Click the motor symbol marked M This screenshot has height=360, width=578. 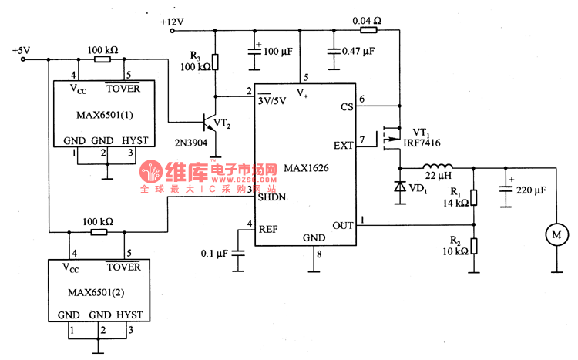(x=554, y=231)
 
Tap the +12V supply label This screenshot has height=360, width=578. (x=173, y=22)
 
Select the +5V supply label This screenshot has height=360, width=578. (x=21, y=51)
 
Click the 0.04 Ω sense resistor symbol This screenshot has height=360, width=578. (x=368, y=31)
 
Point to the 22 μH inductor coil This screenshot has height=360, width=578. (x=436, y=167)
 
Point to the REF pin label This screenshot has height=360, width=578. (x=268, y=229)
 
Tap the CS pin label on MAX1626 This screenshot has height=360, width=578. (x=346, y=107)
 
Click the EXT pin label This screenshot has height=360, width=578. (x=343, y=144)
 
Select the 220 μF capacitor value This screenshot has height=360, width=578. (x=531, y=190)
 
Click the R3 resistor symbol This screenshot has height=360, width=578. (x=217, y=62)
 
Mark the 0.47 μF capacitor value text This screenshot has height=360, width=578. (x=358, y=51)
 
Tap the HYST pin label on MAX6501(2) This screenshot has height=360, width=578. (x=129, y=315)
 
